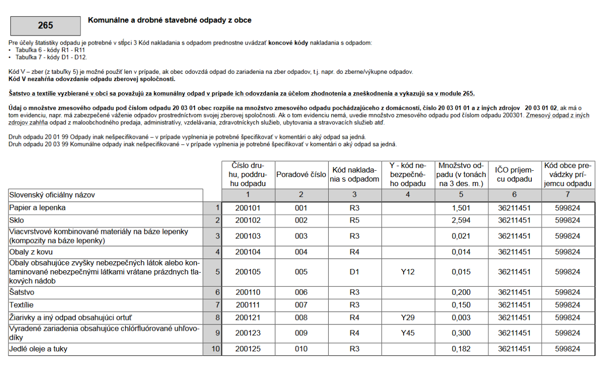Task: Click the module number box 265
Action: [x=45, y=26]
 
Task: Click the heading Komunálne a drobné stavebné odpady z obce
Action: [x=169, y=20]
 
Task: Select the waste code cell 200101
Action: [x=248, y=208]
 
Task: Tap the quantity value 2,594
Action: [x=461, y=220]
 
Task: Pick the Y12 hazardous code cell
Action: [x=408, y=272]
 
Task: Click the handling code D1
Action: [x=355, y=272]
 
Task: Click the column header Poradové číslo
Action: [x=301, y=175]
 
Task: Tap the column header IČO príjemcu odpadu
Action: [x=514, y=175]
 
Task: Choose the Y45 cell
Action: [x=408, y=333]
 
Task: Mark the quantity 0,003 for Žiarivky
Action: [x=461, y=317]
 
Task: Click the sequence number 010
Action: [x=301, y=350]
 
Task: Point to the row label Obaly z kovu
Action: [x=31, y=252]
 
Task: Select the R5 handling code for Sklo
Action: [x=355, y=220]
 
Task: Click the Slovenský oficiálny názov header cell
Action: [x=52, y=195]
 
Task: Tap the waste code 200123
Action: [x=248, y=333]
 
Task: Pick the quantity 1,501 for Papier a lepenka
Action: [x=461, y=208]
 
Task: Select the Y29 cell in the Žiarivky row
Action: [x=408, y=317]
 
